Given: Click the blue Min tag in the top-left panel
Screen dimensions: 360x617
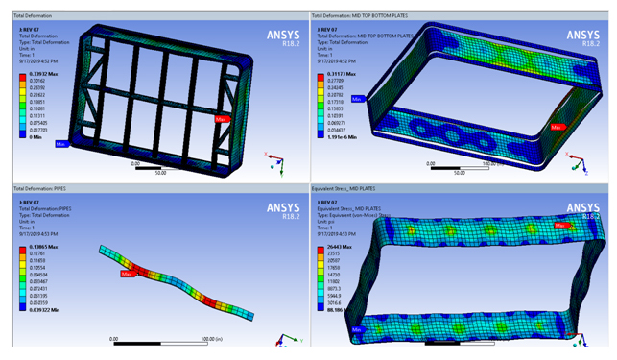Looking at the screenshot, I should (x=60, y=144).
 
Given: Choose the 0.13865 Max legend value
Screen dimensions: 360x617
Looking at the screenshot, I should (x=43, y=247).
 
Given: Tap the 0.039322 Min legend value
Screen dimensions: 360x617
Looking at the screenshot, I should (x=45, y=312).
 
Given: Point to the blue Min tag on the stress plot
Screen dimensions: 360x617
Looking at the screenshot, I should (x=358, y=328).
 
